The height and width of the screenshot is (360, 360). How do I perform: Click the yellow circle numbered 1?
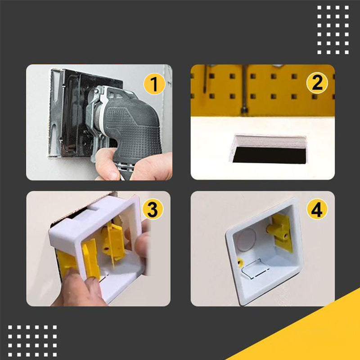click(154, 84)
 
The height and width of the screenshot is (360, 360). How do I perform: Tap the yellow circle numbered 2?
click(317, 83)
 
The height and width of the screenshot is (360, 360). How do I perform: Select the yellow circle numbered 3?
click(153, 209)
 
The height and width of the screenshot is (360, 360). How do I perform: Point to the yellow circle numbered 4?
click(317, 209)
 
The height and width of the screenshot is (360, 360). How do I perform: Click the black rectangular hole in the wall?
click(269, 155)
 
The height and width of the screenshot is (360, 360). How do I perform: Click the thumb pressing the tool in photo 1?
click(106, 162)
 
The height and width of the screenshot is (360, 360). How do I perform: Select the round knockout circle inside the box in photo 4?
click(246, 239)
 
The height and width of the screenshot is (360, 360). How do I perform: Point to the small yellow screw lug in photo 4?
click(240, 263)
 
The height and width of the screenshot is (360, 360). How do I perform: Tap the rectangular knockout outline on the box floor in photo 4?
click(254, 269)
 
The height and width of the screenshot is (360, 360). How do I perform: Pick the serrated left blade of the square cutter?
click(55, 112)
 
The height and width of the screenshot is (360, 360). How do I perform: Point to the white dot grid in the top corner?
click(333, 30)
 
